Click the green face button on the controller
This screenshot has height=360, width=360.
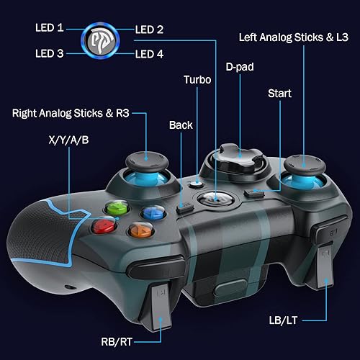(x=117, y=208)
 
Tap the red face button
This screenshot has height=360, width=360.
(x=104, y=225)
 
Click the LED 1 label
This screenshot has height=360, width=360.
(x=50, y=27)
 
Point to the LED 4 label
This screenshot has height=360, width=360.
(x=149, y=54)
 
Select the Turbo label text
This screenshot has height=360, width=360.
(x=197, y=80)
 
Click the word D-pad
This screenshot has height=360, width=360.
(x=240, y=67)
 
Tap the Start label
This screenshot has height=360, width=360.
(x=279, y=93)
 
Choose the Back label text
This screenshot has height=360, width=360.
(x=181, y=125)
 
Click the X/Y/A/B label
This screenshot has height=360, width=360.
(x=68, y=140)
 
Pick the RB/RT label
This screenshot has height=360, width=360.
(x=117, y=342)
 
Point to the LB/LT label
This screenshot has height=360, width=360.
(x=283, y=320)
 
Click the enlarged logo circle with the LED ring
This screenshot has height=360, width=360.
(x=100, y=40)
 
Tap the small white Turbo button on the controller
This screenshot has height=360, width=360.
(x=196, y=184)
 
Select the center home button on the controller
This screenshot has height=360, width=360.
(x=215, y=199)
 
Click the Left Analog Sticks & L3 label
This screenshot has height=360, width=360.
(x=294, y=37)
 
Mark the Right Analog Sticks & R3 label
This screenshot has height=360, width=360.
(x=71, y=113)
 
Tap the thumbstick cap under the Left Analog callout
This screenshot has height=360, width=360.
(x=305, y=165)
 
